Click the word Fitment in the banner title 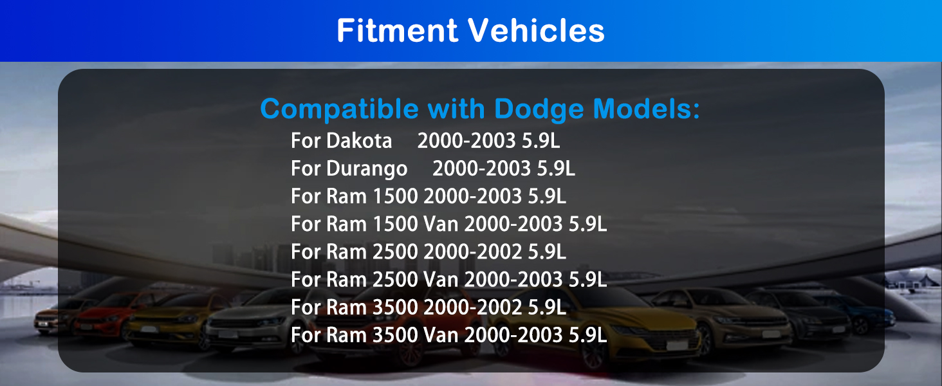coord(398,30)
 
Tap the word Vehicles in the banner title coord(536,30)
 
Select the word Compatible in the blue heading coord(339,109)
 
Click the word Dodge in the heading coord(539,109)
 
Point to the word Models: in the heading coord(647,109)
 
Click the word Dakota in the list coord(359,140)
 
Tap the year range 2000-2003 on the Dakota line coord(466,140)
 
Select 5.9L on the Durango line coord(556,168)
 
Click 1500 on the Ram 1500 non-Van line coord(395,196)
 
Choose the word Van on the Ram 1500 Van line coord(441,224)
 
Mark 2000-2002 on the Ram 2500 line coord(473,252)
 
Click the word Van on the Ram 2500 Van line coord(441,279)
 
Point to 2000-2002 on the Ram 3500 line coord(473,307)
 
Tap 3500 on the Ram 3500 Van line coord(395,335)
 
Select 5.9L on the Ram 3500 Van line coord(587,335)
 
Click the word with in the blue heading coord(456,109)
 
